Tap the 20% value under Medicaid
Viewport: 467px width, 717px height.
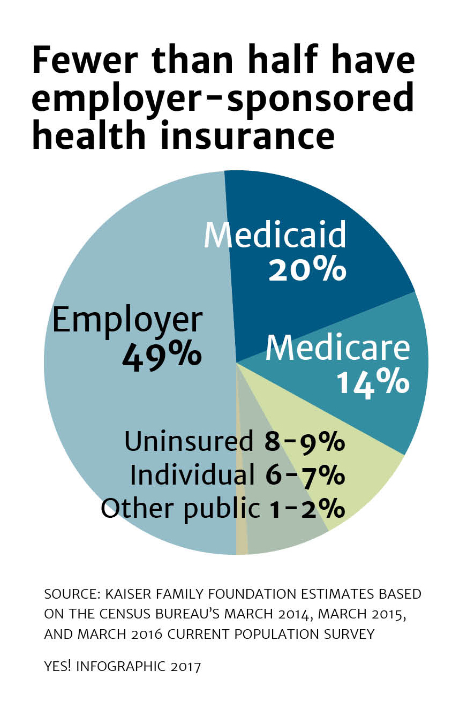307,269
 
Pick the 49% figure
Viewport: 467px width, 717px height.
162,354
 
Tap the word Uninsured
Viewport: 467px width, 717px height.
189,442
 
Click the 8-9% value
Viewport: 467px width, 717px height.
304,442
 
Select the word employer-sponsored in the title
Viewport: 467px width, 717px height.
222,98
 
